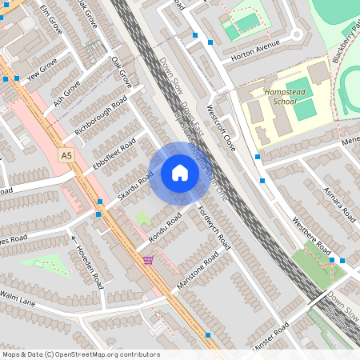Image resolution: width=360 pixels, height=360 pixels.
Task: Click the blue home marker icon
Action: [x=180, y=173]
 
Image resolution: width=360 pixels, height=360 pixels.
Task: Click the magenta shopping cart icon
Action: [x=148, y=260]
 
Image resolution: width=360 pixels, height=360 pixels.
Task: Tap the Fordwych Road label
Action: [x=214, y=229]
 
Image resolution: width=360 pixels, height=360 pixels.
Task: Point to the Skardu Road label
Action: [x=135, y=187]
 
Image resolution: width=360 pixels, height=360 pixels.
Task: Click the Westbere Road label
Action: [x=312, y=238]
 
